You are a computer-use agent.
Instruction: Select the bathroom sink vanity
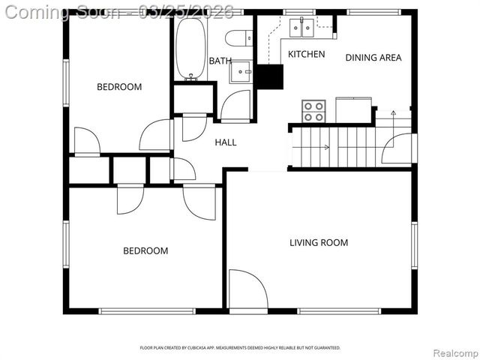click(241, 72)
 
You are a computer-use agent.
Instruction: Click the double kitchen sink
click(303, 28)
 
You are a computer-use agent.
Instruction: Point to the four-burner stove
click(313, 111)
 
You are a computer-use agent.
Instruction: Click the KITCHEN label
click(307, 54)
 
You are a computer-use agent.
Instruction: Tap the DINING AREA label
click(373, 57)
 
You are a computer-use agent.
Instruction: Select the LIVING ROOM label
click(319, 242)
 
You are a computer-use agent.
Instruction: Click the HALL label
click(226, 142)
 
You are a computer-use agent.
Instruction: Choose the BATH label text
click(220, 61)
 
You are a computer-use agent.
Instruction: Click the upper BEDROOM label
click(119, 87)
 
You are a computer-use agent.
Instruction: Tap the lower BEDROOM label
click(145, 250)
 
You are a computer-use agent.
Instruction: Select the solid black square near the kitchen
click(269, 76)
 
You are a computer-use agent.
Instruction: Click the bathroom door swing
click(235, 106)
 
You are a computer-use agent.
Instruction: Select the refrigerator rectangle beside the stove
click(354, 109)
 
